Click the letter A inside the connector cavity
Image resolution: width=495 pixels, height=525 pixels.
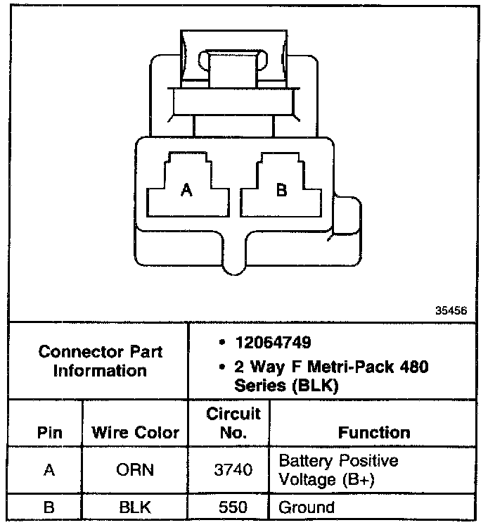186,189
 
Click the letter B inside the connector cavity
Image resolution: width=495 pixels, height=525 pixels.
281,189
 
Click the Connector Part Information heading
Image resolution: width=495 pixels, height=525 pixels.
100,360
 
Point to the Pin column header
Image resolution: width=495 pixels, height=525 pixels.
49,433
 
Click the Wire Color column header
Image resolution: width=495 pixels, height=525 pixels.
136,433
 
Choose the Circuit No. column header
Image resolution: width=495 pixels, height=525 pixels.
233,422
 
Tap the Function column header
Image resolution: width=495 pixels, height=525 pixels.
374,432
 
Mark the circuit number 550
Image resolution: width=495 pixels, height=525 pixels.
233,507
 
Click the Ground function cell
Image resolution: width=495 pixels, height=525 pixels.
307,507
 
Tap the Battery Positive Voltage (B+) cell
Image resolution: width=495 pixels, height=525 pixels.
339,470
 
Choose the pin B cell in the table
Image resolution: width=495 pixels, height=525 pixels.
49,507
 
